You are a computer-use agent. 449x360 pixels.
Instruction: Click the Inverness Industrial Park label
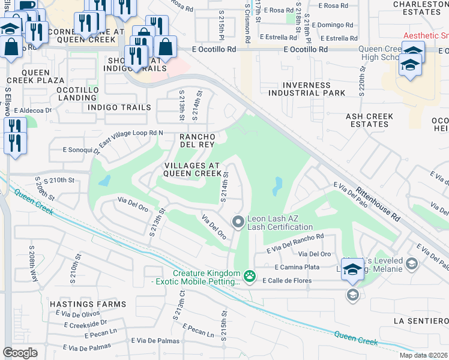pos(307,89)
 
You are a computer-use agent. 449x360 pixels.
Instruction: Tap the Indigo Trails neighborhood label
pos(119,107)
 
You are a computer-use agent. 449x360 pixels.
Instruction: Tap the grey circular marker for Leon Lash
pos(238,222)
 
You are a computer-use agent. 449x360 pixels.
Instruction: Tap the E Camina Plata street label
pos(297,266)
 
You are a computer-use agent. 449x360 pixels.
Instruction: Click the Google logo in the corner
pos(20,353)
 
